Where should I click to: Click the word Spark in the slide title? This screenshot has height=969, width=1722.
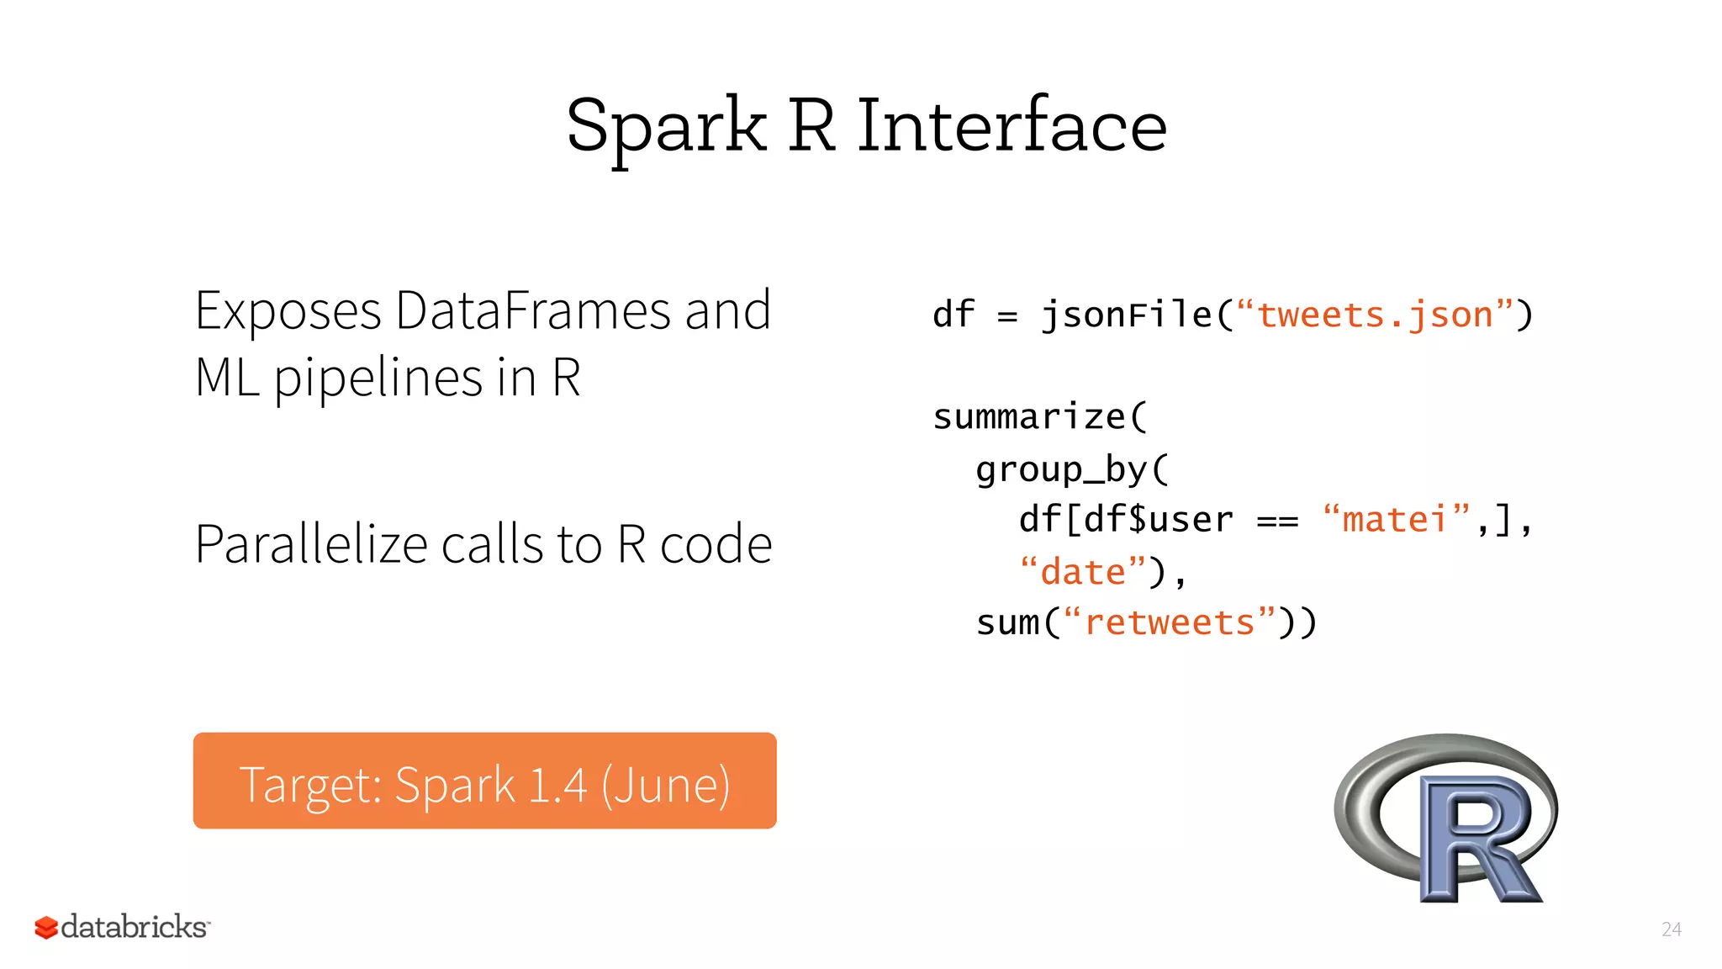[x=666, y=126]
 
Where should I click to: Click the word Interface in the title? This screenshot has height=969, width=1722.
[x=1012, y=126]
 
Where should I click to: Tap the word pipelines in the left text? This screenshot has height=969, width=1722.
[x=378, y=378]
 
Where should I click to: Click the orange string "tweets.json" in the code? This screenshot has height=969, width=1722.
[x=1374, y=315]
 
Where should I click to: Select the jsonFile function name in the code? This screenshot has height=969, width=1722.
[x=1127, y=315]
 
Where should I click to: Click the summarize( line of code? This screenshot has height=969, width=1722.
[x=1039, y=417]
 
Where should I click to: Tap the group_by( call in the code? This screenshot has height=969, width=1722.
[x=1071, y=469]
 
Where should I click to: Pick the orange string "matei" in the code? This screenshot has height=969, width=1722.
[x=1394, y=520]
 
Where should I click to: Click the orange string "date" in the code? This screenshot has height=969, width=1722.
[x=1082, y=572]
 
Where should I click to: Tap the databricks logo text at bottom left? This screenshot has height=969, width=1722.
[x=135, y=927]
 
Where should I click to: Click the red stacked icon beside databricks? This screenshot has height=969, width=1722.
[x=45, y=927]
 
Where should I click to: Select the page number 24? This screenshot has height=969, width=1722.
[x=1671, y=929]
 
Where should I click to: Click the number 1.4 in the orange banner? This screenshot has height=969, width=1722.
[x=557, y=785]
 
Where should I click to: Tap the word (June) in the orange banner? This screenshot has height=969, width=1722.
[x=665, y=785]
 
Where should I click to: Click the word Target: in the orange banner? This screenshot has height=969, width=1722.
[x=310, y=785]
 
